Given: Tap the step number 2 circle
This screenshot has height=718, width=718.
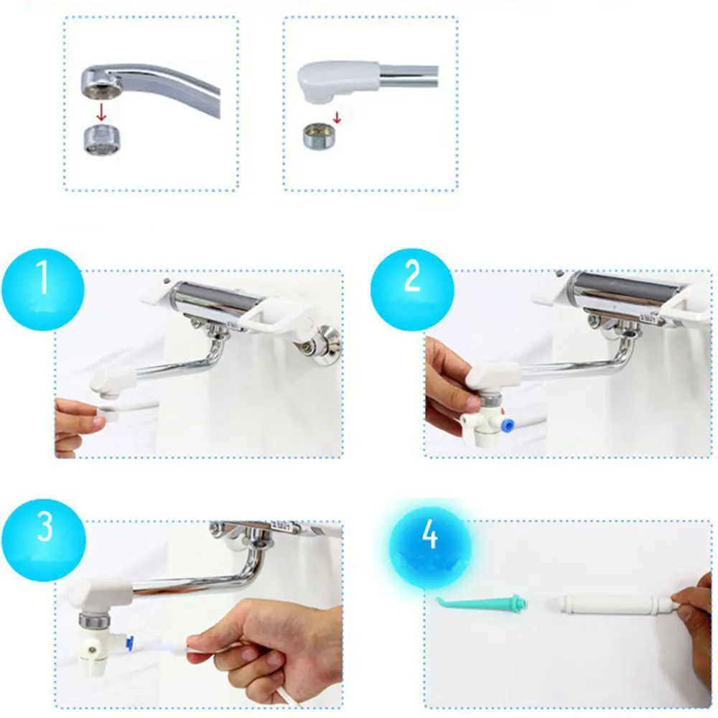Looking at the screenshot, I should pos(412,289).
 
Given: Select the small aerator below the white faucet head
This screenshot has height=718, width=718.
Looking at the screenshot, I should pos(315,134).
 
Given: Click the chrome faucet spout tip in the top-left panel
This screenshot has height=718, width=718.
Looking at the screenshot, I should pos(101,80).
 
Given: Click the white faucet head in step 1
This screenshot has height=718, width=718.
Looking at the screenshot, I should pos(113,378).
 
